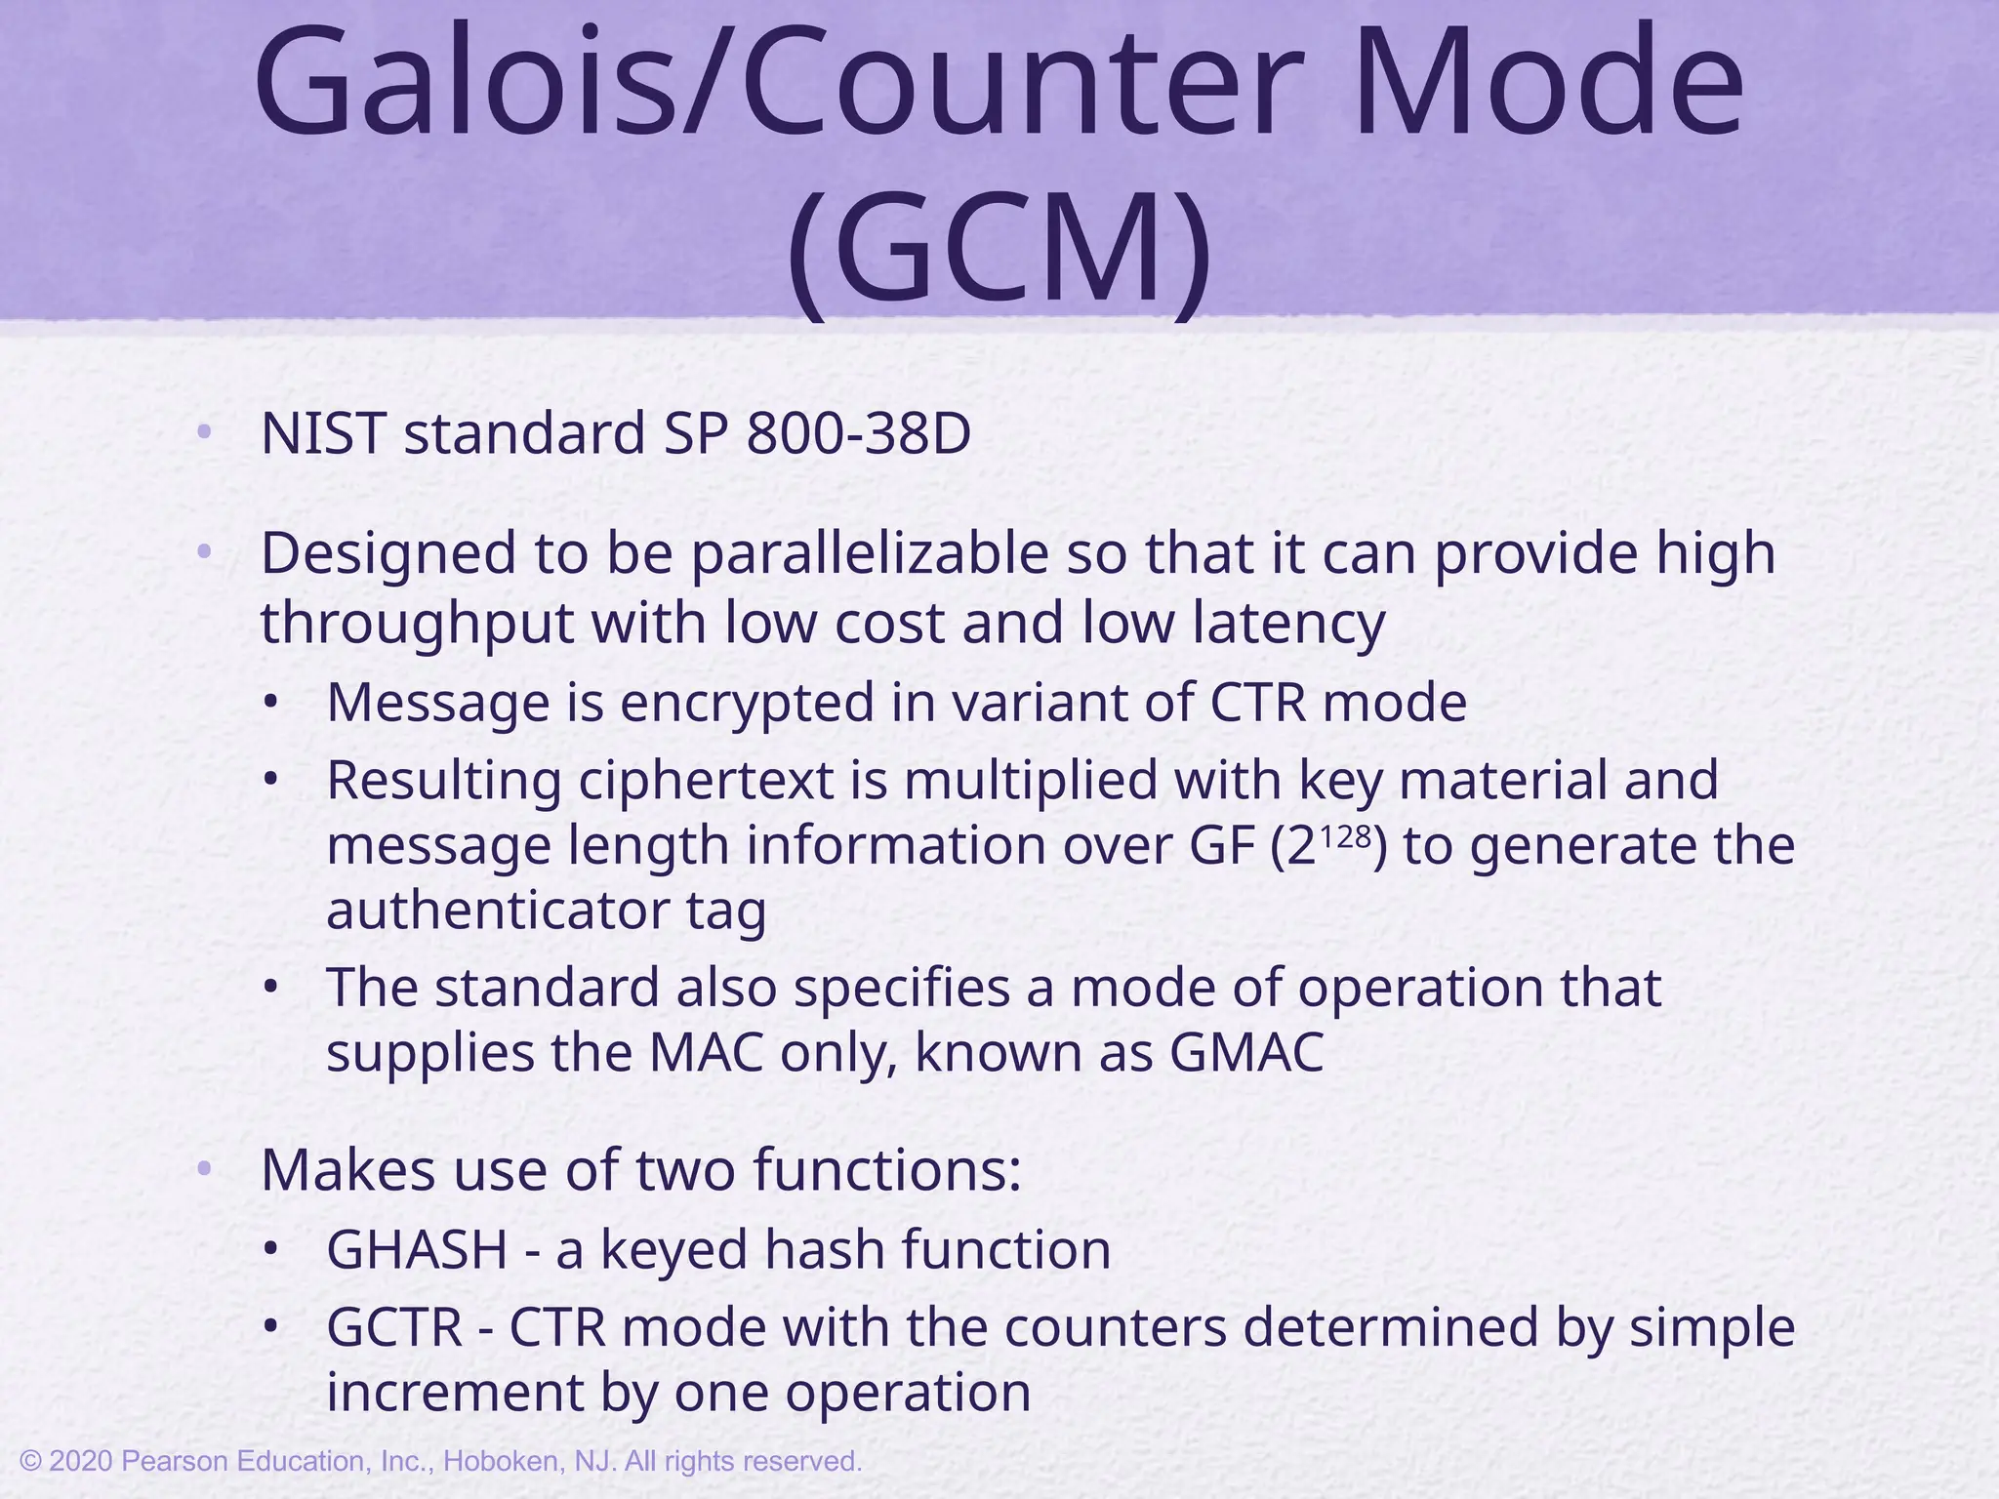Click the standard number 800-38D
point(858,434)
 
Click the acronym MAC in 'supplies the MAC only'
point(707,1053)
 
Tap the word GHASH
point(417,1250)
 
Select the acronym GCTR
point(394,1328)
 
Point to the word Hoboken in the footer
point(502,1462)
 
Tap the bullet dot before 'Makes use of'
point(203,1168)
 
